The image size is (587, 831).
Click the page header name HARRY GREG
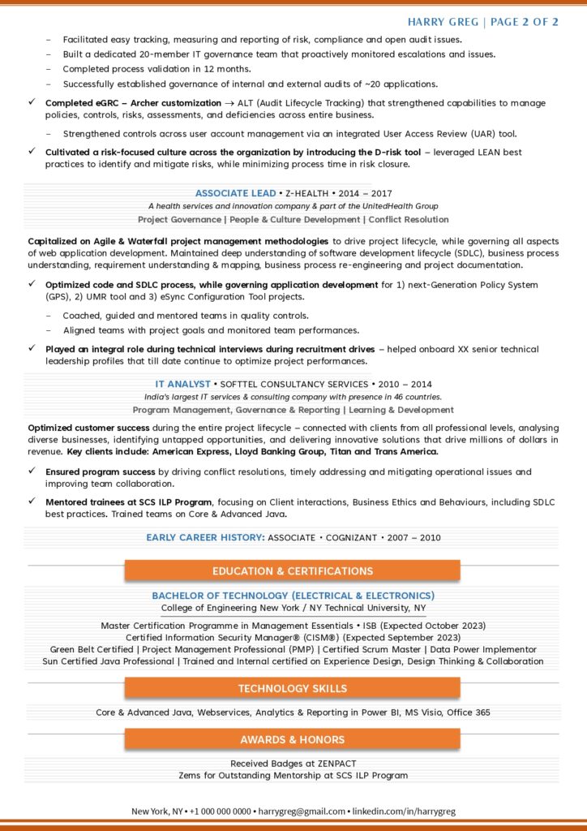click(x=442, y=22)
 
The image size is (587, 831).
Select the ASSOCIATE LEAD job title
click(x=234, y=193)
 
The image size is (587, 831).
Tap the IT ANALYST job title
click(x=182, y=384)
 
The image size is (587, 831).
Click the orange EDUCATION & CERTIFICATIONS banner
click(x=292, y=571)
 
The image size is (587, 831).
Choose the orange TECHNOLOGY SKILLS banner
click(x=292, y=688)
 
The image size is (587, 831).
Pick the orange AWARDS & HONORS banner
click(x=292, y=739)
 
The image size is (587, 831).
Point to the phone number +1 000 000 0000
click(x=220, y=811)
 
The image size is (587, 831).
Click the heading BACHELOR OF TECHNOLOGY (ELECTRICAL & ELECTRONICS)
click(x=293, y=596)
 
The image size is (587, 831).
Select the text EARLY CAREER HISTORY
click(x=205, y=537)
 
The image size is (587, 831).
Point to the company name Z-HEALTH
click(x=306, y=193)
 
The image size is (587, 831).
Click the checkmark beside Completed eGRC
click(x=32, y=102)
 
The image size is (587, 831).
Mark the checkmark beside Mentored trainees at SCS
click(x=32, y=502)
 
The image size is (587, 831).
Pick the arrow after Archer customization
click(x=230, y=103)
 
